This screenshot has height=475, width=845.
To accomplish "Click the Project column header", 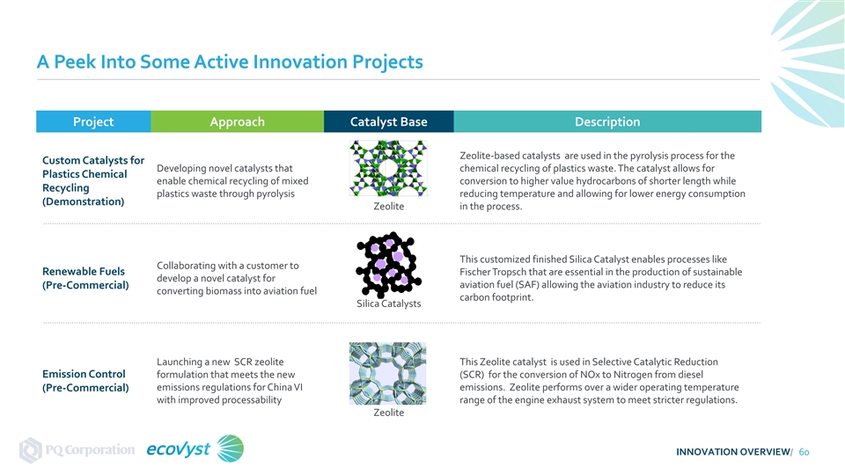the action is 93,121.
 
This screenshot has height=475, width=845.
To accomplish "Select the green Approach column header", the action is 237,121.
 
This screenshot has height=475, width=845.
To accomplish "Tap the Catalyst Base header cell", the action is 388,121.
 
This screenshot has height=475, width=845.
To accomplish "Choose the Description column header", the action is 607,121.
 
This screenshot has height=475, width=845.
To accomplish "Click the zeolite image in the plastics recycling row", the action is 388,168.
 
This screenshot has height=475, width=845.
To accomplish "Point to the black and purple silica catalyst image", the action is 388,265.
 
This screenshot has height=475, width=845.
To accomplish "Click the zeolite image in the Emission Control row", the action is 387,373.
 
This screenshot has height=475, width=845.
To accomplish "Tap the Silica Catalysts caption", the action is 388,303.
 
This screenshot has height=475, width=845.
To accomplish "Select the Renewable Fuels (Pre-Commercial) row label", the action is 85,278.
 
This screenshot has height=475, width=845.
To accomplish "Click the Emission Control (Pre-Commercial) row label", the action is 85,381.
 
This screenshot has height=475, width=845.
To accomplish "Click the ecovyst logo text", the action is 179,449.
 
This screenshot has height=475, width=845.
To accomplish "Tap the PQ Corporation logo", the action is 77,449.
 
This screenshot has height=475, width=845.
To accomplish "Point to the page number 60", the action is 804,452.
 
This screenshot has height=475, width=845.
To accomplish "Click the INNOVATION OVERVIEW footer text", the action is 733,452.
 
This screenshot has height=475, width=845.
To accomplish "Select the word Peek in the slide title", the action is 75,62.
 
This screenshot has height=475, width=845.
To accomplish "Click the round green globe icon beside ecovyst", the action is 230,449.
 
